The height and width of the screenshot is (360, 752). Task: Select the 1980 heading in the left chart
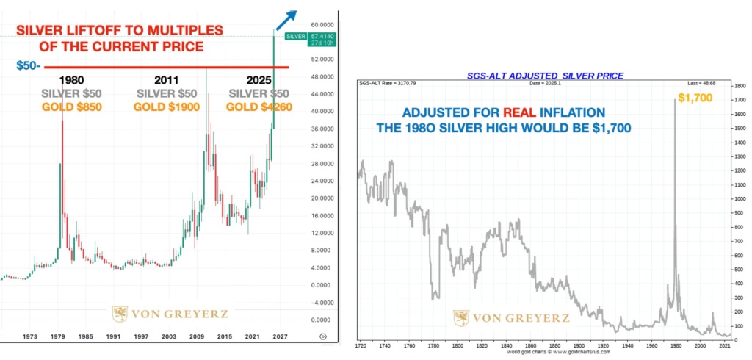71,80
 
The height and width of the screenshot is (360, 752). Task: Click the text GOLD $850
71,107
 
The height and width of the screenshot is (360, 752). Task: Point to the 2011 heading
167,80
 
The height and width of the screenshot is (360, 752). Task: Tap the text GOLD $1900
166,107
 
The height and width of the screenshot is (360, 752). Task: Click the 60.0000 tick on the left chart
319,24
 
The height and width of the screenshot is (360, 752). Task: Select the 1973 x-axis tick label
31,336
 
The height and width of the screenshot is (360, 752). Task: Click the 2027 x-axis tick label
279,336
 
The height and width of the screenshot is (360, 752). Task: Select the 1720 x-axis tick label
360,345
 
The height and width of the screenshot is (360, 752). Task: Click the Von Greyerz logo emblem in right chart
461,318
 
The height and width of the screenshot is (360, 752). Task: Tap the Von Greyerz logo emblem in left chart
119,314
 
